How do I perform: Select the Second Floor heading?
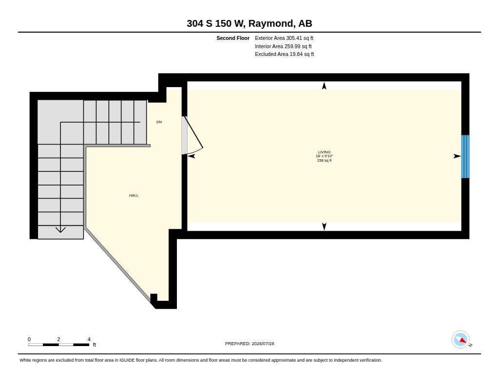[x=233, y=38]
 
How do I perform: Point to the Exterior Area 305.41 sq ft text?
[x=284, y=38]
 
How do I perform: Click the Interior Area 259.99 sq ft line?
[x=283, y=46]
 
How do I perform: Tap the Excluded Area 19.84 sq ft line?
[x=284, y=55]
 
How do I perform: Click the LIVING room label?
[x=324, y=152]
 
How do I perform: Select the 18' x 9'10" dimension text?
[x=324, y=156]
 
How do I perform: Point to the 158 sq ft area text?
[x=324, y=161]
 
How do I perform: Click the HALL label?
[x=134, y=196]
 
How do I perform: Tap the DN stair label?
[x=159, y=122]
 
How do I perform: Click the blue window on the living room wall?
[x=465, y=156]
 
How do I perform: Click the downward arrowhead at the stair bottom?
[x=60, y=230]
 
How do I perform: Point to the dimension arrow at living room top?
[x=324, y=86]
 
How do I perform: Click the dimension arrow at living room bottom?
[x=324, y=227]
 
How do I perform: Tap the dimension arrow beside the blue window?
[x=457, y=156]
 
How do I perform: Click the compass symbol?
[x=461, y=340]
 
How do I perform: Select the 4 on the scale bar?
[x=89, y=339]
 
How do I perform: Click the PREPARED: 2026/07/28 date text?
[x=249, y=344]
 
